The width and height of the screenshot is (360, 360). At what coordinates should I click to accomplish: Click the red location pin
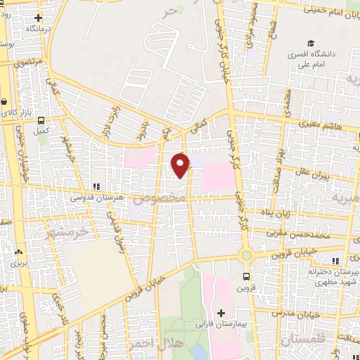click(x=181, y=165)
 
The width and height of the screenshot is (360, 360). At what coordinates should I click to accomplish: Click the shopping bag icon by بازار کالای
click(x=6, y=102)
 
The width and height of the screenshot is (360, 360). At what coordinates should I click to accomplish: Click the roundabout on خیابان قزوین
click(x=246, y=255)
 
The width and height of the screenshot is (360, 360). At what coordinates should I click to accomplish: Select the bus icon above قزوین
click(x=246, y=276)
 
